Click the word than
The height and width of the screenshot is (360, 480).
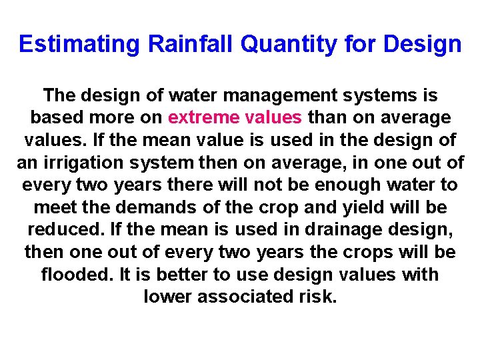pyautogui.click(x=327, y=118)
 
